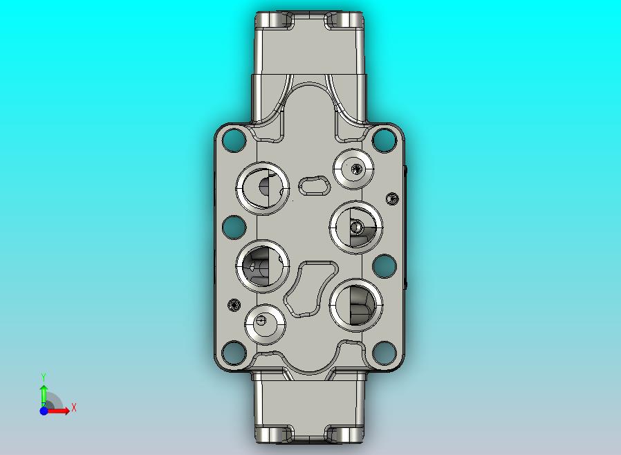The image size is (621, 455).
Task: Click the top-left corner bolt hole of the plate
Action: (235, 142)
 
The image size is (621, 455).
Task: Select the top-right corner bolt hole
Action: (383, 142)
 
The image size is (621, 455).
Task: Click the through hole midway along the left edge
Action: (234, 226)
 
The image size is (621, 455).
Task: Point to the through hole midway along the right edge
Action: (384, 266)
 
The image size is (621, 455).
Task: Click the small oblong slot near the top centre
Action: (315, 185)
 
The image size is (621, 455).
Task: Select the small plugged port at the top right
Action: (354, 168)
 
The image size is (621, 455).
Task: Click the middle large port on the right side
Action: (355, 226)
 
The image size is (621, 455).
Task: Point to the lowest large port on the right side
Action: (355, 305)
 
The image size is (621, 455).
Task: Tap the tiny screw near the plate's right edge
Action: (392, 198)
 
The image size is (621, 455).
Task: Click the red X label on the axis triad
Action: (74, 408)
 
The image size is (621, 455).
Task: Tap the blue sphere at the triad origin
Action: (44, 411)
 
